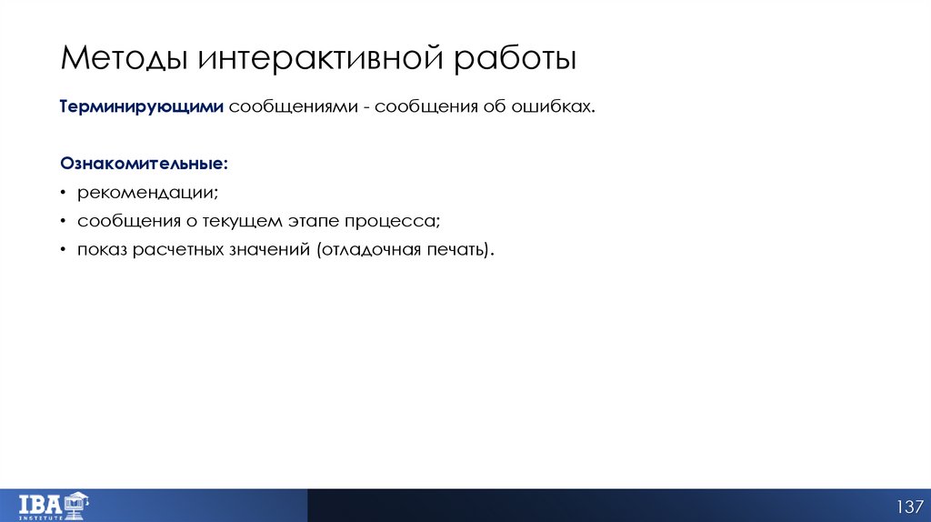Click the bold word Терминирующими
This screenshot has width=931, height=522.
(x=141, y=107)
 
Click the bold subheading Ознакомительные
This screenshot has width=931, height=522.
(x=145, y=165)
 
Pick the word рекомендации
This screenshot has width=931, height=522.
(x=147, y=193)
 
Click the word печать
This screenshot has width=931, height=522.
(x=458, y=249)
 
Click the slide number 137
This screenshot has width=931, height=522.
(x=909, y=506)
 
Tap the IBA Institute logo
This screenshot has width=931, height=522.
(x=54, y=505)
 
